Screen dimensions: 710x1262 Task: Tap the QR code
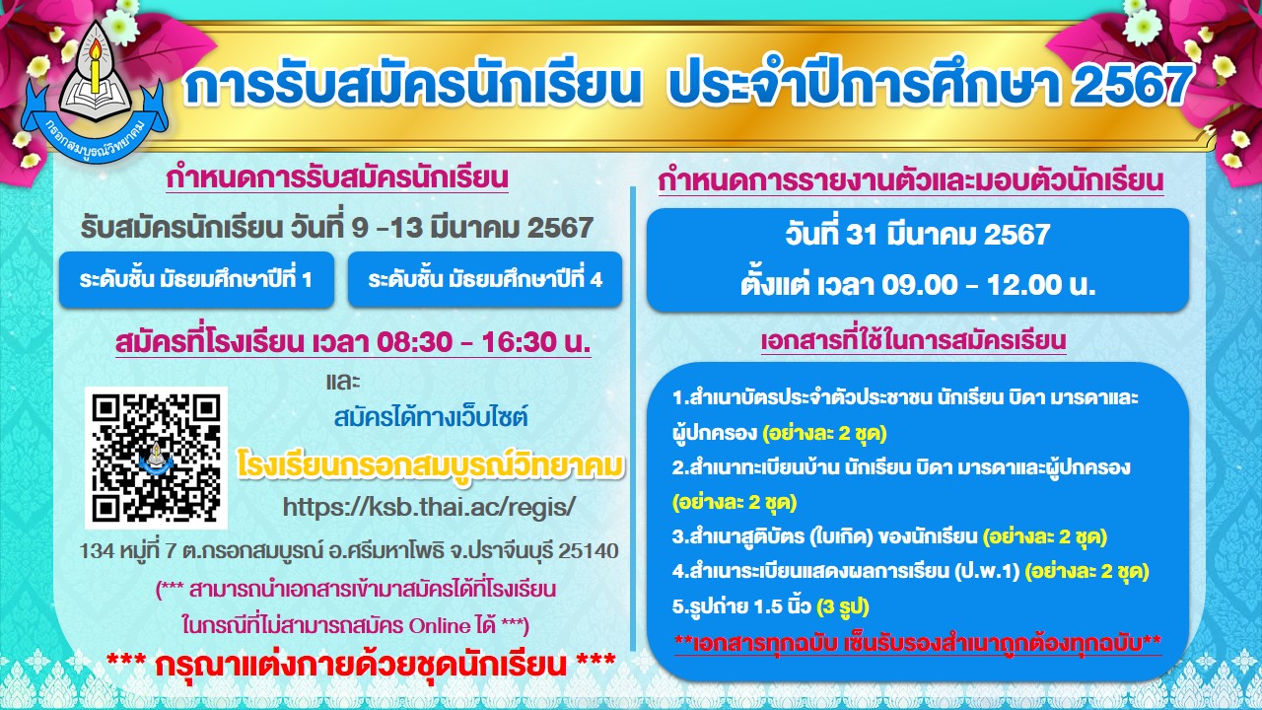(156, 458)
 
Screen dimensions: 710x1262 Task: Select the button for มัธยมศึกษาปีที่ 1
(196, 279)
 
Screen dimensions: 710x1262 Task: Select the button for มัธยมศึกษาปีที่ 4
(484, 279)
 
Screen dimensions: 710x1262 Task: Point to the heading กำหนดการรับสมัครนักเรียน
(337, 178)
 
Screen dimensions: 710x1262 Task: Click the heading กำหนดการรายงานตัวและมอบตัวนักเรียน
(911, 181)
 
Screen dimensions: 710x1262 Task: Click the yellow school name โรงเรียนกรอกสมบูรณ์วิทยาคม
(433, 463)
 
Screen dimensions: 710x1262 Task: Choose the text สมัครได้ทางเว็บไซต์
(431, 417)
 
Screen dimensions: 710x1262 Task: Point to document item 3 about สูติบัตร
(888, 536)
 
